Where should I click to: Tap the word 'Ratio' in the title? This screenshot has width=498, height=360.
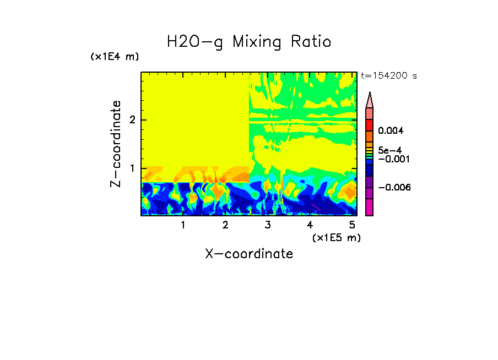312,41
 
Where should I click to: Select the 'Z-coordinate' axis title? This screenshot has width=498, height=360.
116,144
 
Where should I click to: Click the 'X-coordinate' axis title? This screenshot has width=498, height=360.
249,254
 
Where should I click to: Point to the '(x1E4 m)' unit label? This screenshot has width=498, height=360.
115,57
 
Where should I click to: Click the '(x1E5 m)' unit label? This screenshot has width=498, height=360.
336,237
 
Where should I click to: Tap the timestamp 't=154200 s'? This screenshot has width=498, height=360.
388,76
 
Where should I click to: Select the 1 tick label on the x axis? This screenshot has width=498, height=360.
183,225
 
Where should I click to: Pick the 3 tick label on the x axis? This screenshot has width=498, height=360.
268,225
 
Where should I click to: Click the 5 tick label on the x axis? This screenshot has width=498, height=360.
352,225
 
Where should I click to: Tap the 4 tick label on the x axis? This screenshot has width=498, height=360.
310,225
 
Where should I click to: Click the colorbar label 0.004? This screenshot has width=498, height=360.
391,131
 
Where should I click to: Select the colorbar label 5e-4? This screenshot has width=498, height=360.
390,150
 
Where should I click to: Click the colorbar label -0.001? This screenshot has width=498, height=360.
393,159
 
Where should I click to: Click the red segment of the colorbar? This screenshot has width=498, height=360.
370,125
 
